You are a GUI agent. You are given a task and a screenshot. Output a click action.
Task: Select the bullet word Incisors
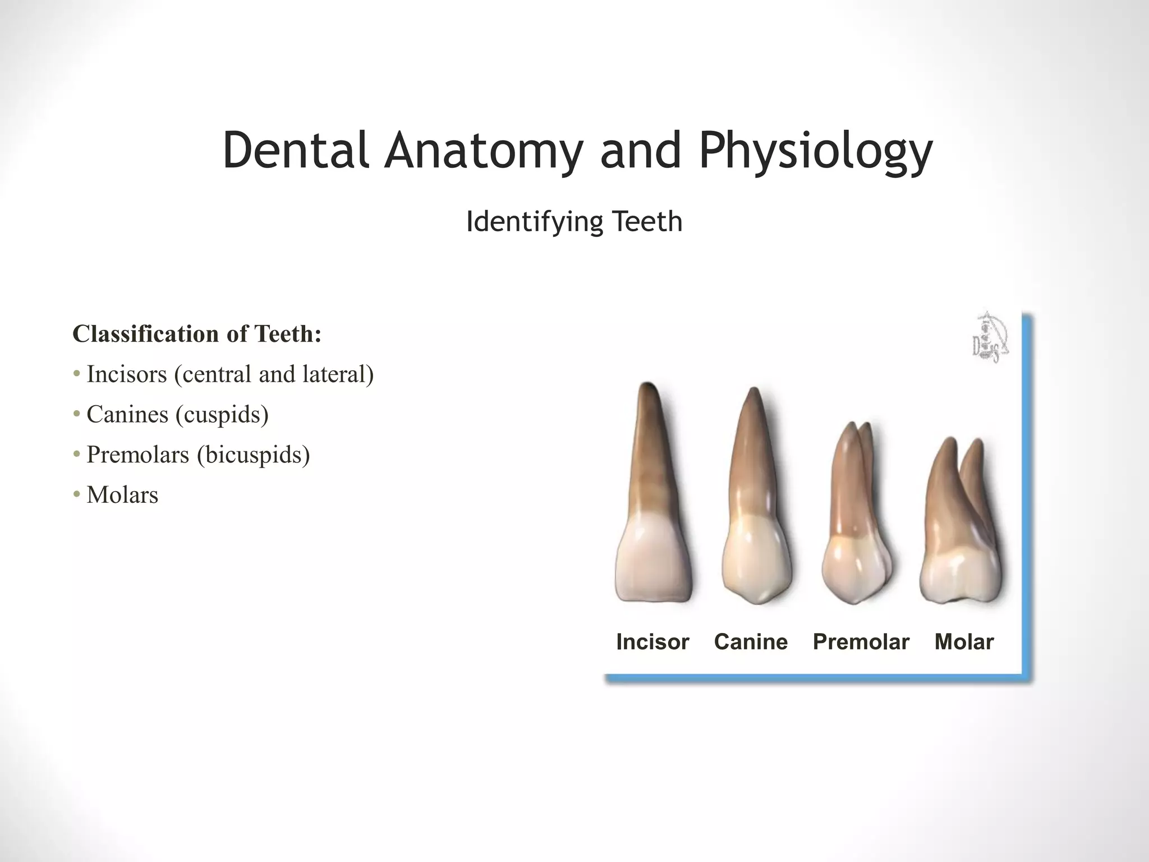pyautogui.click(x=127, y=374)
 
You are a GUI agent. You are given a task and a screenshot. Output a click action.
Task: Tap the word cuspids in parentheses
pyautogui.click(x=222, y=415)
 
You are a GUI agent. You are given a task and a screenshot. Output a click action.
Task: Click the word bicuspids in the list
pyautogui.click(x=253, y=455)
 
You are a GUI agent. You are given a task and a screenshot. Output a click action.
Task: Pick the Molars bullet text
pyautogui.click(x=122, y=496)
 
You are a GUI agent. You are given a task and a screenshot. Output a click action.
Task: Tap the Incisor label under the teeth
pyautogui.click(x=652, y=642)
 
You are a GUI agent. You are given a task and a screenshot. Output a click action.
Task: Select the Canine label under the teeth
pyautogui.click(x=751, y=642)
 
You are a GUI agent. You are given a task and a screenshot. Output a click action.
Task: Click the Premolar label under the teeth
pyautogui.click(x=861, y=642)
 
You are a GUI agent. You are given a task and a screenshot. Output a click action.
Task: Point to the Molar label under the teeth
pyautogui.click(x=964, y=642)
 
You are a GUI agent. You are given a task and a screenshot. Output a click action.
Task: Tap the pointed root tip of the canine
pyautogui.click(x=755, y=393)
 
